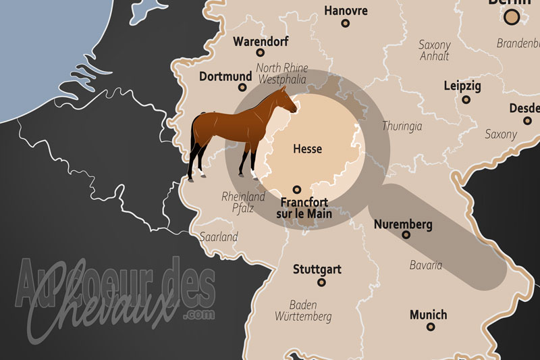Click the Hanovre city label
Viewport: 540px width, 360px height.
point(346,11)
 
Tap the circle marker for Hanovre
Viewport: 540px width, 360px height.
point(346,23)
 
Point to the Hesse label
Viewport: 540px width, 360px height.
point(307,149)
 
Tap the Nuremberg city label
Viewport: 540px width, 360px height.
point(403,224)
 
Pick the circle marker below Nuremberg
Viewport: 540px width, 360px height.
point(406,235)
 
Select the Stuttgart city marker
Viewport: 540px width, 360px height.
point(321,282)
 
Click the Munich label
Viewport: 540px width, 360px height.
point(428,315)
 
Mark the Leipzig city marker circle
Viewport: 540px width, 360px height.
point(466,99)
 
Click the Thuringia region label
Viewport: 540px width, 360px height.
point(402,126)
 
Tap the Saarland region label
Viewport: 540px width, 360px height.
point(219,237)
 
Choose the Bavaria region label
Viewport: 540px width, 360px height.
point(426,265)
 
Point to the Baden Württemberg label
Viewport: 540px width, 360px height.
point(303,311)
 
